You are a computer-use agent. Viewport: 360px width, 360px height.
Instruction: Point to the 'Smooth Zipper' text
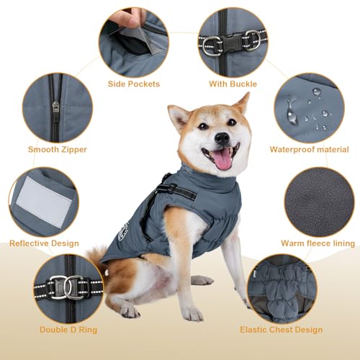(58, 150)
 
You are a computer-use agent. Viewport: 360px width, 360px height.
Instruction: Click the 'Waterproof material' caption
(309, 150)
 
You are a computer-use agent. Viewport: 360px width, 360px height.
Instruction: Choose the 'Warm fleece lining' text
(318, 243)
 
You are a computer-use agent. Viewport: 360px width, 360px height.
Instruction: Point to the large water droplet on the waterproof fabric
(292, 108)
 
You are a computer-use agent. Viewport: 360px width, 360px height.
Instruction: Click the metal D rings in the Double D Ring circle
(66, 289)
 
